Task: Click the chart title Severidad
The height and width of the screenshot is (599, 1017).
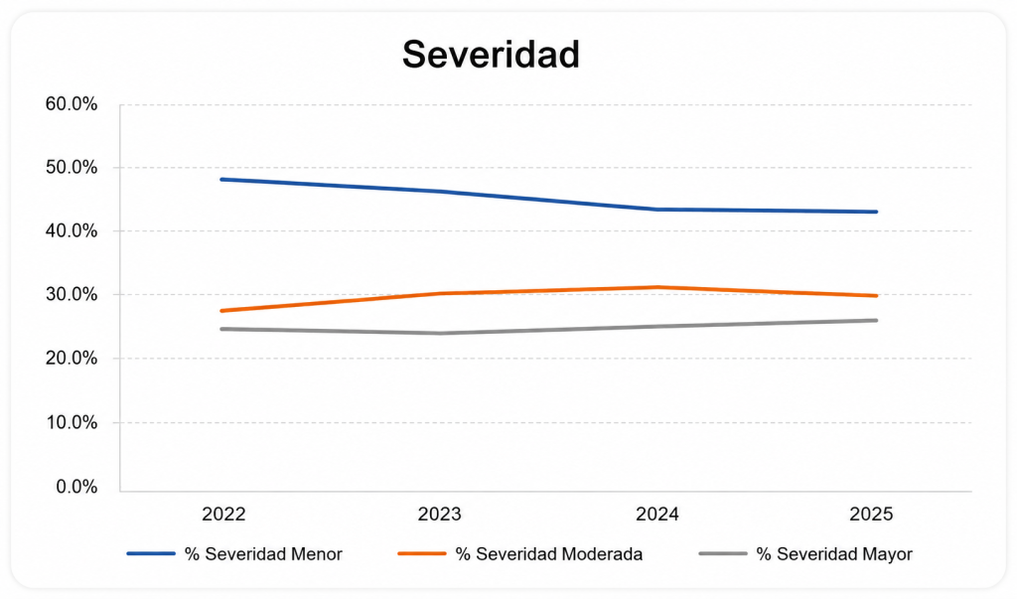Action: click(491, 54)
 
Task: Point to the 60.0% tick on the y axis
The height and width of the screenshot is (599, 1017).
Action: click(72, 104)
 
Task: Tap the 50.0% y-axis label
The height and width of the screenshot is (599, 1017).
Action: click(72, 168)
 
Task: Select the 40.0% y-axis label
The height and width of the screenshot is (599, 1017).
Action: click(72, 231)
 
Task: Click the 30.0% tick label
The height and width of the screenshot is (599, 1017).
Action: click(72, 295)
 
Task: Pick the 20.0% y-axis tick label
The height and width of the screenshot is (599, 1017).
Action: click(72, 359)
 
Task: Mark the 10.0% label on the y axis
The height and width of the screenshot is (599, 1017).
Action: click(72, 422)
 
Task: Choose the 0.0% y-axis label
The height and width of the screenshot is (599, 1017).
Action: click(76, 487)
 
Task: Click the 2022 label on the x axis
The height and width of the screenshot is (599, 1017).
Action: click(223, 514)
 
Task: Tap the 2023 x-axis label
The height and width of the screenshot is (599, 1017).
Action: click(440, 514)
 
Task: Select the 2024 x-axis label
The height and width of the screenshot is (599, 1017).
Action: click(657, 514)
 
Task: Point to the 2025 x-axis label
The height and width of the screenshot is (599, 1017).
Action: click(871, 514)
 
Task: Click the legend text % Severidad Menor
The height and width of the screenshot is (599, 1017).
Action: click(263, 554)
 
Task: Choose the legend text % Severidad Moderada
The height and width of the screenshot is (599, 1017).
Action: click(548, 554)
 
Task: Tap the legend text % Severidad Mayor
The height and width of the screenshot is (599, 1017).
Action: click(834, 554)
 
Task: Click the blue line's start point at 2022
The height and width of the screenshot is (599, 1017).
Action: click(222, 179)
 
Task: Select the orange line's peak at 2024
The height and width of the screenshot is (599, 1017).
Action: click(657, 287)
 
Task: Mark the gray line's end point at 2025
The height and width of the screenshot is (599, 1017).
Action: click(876, 320)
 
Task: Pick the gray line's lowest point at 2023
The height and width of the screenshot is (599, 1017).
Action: click(440, 334)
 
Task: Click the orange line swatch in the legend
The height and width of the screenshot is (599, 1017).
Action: click(421, 553)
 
